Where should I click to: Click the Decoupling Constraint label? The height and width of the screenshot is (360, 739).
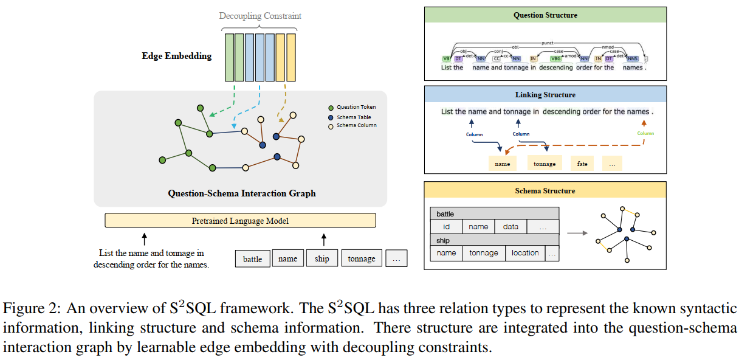pyautogui.click(x=260, y=16)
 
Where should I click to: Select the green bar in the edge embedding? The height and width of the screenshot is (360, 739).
pyautogui.click(x=229, y=58)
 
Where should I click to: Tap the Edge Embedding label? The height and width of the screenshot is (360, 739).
pyautogui.click(x=177, y=56)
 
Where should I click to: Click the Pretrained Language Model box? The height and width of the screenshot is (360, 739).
pyautogui.click(x=240, y=221)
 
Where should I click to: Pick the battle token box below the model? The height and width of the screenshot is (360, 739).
pyautogui.click(x=252, y=259)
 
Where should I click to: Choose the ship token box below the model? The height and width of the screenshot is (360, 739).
pyautogui.click(x=321, y=259)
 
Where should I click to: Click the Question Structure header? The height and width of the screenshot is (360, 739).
pyautogui.click(x=545, y=15)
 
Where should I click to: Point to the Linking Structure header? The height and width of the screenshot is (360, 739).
pyautogui.click(x=545, y=95)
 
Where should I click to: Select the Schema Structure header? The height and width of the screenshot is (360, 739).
pyautogui.click(x=545, y=191)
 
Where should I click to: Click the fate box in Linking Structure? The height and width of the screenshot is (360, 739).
pyautogui.click(x=582, y=164)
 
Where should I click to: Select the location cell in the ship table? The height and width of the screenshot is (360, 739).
pyautogui.click(x=525, y=253)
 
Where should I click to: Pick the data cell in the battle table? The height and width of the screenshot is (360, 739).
pyautogui.click(x=511, y=227)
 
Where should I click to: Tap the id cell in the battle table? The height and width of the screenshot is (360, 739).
pyautogui.click(x=447, y=227)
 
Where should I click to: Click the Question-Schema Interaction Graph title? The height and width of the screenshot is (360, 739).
pyautogui.click(x=241, y=194)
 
